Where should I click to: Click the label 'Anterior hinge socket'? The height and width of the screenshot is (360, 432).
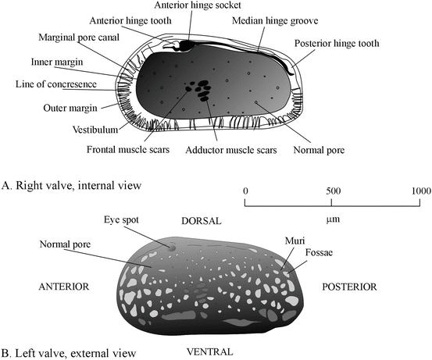[x=198, y=5]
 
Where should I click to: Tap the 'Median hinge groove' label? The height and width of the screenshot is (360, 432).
[x=275, y=21]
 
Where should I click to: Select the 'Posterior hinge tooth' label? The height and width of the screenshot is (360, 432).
[x=337, y=44]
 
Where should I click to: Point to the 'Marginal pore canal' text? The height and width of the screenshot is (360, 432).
[x=79, y=37]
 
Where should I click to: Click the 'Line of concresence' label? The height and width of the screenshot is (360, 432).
[x=56, y=84]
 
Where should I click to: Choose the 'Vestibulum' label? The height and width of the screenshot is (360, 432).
[x=95, y=130]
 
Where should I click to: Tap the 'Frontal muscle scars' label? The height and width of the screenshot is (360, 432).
[x=128, y=150]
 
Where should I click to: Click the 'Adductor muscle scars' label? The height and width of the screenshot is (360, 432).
[x=231, y=150]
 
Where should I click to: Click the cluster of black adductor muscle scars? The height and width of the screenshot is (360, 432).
[x=203, y=90]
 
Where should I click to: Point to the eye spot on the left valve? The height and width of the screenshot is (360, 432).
[x=172, y=247]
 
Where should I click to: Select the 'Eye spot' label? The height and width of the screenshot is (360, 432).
[x=121, y=220]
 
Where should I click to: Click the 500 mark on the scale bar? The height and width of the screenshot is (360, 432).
[x=334, y=191]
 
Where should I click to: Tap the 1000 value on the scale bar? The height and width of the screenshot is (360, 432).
[x=421, y=191]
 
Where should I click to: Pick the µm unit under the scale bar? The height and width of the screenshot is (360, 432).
[x=333, y=219]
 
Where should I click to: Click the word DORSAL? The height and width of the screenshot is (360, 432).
[x=202, y=221]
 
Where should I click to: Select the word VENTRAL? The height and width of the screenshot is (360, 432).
[x=209, y=352]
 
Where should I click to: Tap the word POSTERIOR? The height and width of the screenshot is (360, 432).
[x=349, y=287]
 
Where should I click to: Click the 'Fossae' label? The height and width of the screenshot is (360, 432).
[x=319, y=252]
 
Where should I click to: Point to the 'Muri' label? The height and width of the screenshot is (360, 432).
[x=295, y=241]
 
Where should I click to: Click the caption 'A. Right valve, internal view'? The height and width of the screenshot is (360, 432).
[x=71, y=185]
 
